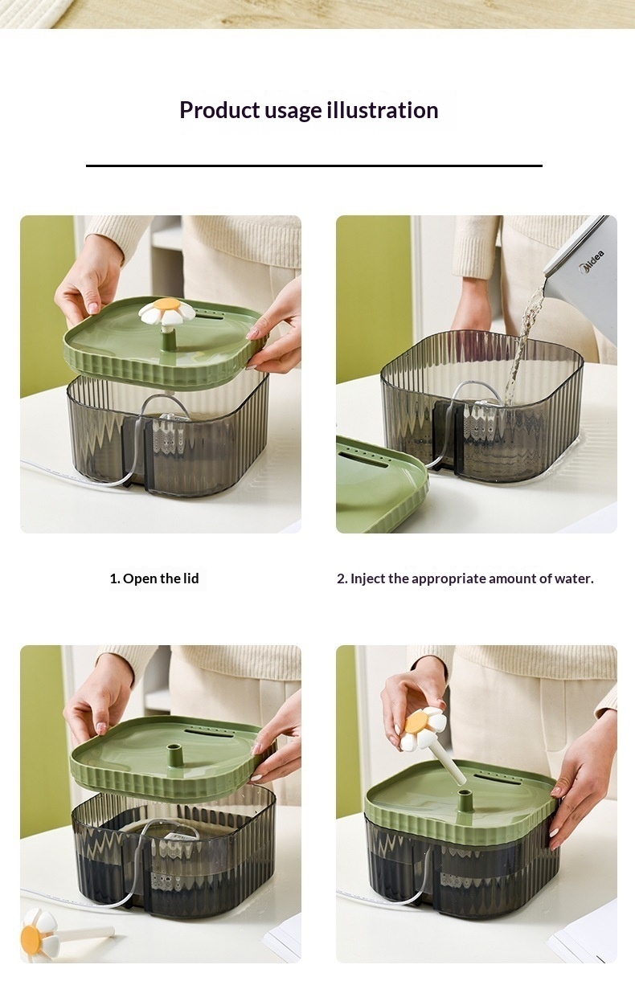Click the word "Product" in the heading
point(219,110)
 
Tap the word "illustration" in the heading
point(383,110)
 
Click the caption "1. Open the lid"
point(154,578)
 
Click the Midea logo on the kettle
point(592,262)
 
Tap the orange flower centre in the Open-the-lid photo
point(167,304)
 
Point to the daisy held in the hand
point(423,731)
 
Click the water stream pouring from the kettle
point(522,346)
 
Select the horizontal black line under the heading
point(314,166)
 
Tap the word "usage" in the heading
point(293,111)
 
